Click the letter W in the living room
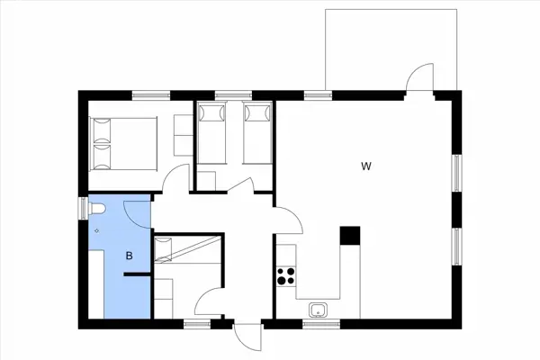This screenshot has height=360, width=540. pos(365,166)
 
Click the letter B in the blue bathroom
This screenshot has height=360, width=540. pos(130,256)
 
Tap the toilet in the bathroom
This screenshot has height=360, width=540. pos(98,209)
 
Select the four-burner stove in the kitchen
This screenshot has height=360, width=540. pos(287,276)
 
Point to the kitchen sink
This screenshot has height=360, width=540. pos(318,310)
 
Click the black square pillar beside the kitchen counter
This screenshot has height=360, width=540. pos(349,236)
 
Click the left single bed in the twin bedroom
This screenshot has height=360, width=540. pos(213,133)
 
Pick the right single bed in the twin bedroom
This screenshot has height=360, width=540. pos(257,133)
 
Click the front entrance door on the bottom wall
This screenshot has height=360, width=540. pos(247,337)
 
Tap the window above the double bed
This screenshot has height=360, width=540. pos(152,94)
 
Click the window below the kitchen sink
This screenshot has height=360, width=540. pos(318,321)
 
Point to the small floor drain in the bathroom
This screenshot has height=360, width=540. pos(96,230)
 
